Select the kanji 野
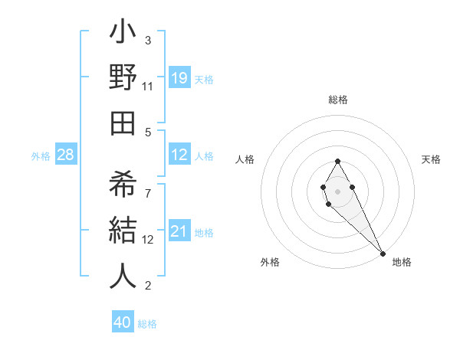[x=123, y=80]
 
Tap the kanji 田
[x=123, y=123]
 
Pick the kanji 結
[x=123, y=230]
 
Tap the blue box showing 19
[x=179, y=77]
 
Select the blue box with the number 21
[x=179, y=231]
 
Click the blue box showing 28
[x=66, y=155]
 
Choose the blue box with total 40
[x=123, y=322]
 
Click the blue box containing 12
[x=179, y=155]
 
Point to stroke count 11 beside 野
[x=148, y=87]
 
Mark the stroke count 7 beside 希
[x=148, y=186]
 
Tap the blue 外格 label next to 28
[x=41, y=156]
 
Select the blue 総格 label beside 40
[x=147, y=324]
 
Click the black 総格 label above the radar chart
[x=337, y=100]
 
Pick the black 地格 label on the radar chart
[x=402, y=262]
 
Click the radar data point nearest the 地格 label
[x=382, y=254]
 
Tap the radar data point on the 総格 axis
[x=337, y=161]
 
